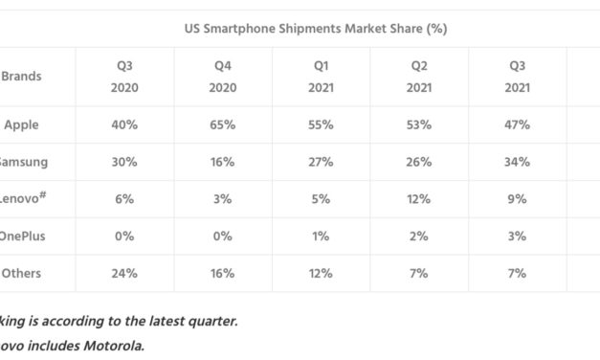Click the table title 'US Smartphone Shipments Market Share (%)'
click(315, 29)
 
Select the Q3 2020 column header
click(124, 77)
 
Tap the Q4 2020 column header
click(221, 77)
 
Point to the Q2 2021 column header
click(417, 77)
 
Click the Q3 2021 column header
click(518, 77)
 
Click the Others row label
click(21, 273)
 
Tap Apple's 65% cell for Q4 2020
click(221, 124)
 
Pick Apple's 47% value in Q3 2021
click(518, 124)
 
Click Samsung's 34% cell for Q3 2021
click(518, 162)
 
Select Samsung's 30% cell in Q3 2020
click(124, 162)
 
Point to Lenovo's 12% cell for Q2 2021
click(417, 199)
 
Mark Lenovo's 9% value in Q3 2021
click(518, 199)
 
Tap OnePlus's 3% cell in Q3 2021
click(518, 236)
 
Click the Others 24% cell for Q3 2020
click(124, 273)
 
